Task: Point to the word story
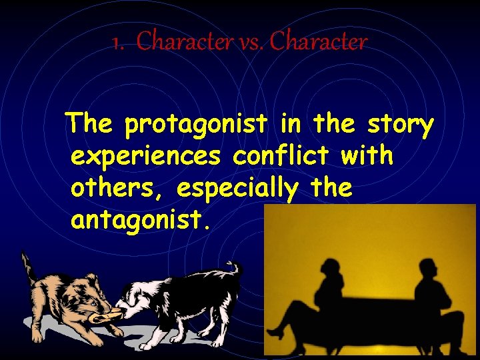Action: [x=400, y=125]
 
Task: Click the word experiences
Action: [x=147, y=157]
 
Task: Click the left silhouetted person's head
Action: [x=331, y=270]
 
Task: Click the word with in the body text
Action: [x=366, y=157]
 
